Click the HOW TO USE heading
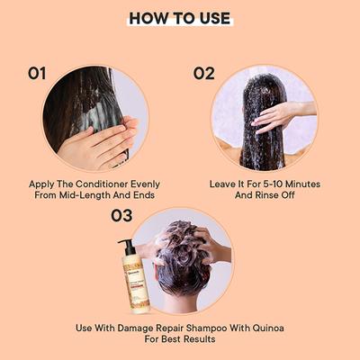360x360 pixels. [x=179, y=19]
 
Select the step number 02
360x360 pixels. [x=203, y=73]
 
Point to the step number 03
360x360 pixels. [x=121, y=216]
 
